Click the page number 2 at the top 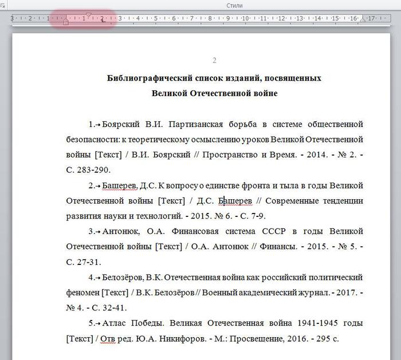point(214,61)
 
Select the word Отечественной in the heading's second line point(214,93)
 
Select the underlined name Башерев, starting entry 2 point(120,185)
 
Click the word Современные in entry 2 point(290,201)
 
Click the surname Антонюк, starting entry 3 point(121,232)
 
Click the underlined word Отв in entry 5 point(107,339)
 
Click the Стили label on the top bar point(234,5)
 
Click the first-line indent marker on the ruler point(88,14)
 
